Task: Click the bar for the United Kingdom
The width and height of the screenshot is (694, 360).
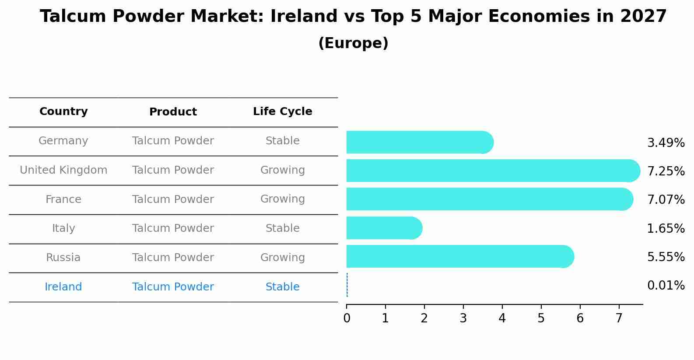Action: [490, 171]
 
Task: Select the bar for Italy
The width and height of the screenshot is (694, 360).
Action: [381, 228]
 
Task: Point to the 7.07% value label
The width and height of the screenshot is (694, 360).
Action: [666, 200]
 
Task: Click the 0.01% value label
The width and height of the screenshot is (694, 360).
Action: [666, 286]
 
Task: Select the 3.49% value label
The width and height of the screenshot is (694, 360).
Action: [666, 143]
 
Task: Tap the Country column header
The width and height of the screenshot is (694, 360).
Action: [63, 112]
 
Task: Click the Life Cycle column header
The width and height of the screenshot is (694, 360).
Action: [282, 112]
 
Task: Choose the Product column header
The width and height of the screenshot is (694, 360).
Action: [173, 112]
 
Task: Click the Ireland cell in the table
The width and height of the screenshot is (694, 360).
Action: [63, 287]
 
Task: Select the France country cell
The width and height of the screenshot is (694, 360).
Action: [63, 199]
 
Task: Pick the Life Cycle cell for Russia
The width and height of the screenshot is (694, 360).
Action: [282, 258]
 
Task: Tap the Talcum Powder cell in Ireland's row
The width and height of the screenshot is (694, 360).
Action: [173, 287]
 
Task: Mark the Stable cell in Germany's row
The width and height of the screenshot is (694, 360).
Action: [282, 141]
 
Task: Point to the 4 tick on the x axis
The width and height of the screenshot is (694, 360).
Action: [502, 318]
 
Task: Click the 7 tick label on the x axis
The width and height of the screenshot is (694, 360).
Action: [619, 318]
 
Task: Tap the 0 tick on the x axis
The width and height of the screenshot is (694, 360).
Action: [347, 318]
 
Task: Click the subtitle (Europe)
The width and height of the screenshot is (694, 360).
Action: [353, 43]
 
